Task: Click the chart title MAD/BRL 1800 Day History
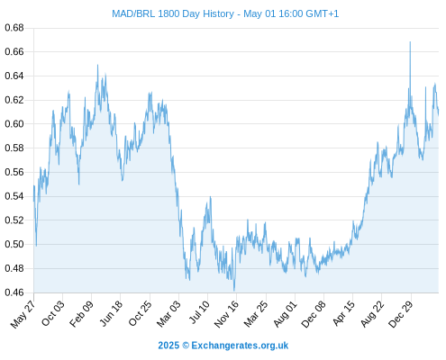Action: pyautogui.click(x=173, y=13)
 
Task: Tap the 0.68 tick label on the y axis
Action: pyautogui.click(x=14, y=28)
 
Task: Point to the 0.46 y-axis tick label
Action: pyautogui.click(x=14, y=292)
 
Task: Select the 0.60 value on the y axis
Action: pyautogui.click(x=14, y=123)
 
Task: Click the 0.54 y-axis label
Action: pyautogui.click(x=14, y=196)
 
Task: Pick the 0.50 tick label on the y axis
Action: pyautogui.click(x=14, y=244)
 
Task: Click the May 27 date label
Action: pyautogui.click(x=23, y=314)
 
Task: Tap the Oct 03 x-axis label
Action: pyautogui.click(x=53, y=313)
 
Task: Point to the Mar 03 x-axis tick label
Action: pyautogui.click(x=168, y=314)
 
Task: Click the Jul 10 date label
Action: pyautogui.click(x=199, y=312)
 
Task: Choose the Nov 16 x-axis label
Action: pyautogui.click(x=226, y=314)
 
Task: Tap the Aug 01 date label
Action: pyautogui.click(x=285, y=314)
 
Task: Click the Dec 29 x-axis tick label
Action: pyautogui.click(x=401, y=314)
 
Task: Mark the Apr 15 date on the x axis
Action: pyautogui.click(x=343, y=313)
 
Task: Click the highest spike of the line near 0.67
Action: pyautogui.click(x=410, y=42)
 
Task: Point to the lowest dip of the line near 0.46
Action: pyautogui.click(x=234, y=291)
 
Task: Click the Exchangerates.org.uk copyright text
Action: pyautogui.click(x=223, y=346)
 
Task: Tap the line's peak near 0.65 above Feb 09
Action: pyautogui.click(x=97, y=65)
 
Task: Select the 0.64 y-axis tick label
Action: pyautogui.click(x=14, y=76)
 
